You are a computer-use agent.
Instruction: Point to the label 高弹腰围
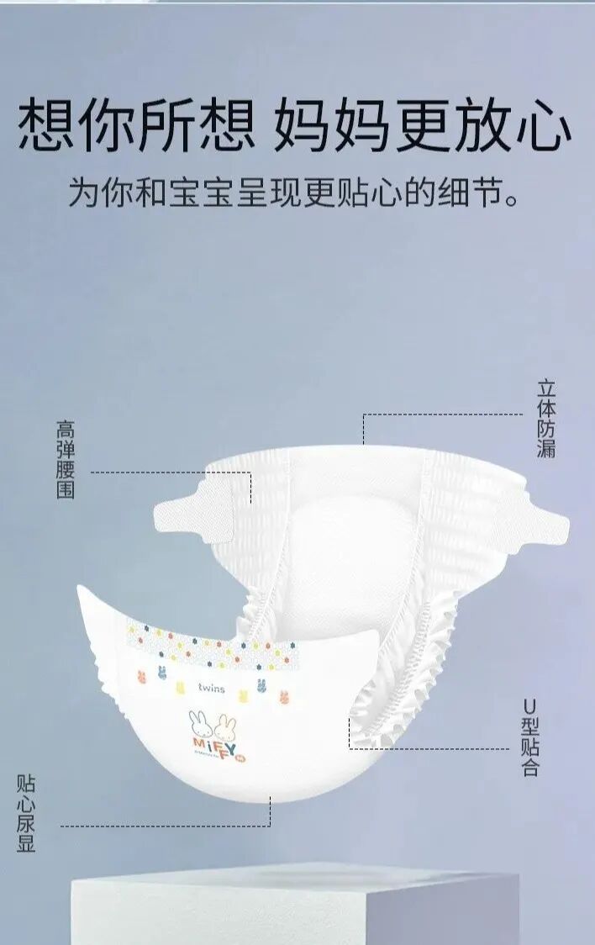(x=66, y=459)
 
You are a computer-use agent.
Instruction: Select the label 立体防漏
(x=546, y=419)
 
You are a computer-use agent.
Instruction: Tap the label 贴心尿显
(x=27, y=814)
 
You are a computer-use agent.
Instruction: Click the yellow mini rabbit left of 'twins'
(x=178, y=687)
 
